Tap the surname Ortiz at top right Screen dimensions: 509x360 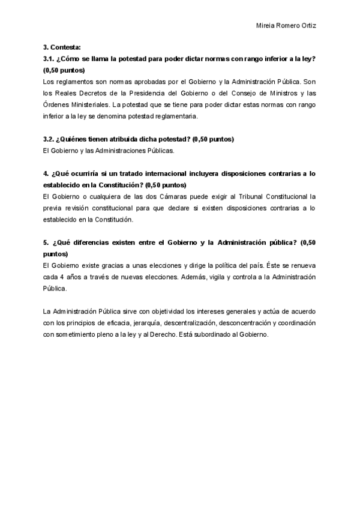coord(307,26)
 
